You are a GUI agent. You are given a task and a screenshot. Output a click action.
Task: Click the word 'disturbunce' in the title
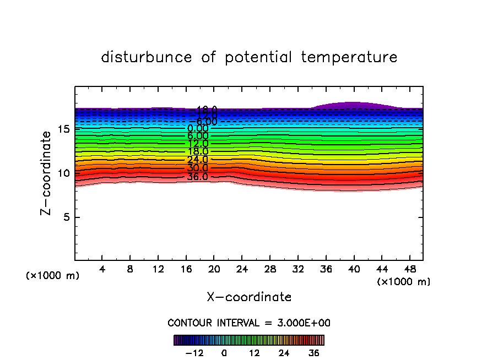pos(147,57)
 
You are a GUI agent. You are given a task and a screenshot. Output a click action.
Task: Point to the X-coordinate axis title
pos(249,297)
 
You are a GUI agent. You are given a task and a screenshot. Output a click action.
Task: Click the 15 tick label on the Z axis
pos(63,129)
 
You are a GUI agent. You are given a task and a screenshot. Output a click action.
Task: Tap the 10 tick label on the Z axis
pos(63,173)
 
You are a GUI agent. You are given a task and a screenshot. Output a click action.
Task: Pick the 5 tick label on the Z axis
pos(66,217)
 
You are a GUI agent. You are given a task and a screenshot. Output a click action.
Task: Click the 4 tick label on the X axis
pos(102,270)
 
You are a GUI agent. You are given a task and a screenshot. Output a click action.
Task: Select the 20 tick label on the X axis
pos(214,270)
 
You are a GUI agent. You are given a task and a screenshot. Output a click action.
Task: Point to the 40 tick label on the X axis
pos(353,270)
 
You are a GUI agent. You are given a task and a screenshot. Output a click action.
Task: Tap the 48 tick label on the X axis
pos(409,270)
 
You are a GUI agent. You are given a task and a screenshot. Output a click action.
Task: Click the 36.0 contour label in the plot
pos(197,177)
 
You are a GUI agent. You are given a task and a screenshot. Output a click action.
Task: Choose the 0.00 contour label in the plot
pos(197,129)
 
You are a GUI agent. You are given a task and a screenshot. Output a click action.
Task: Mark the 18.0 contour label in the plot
pos(197,151)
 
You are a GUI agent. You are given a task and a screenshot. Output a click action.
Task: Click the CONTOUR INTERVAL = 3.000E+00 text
pos(249,323)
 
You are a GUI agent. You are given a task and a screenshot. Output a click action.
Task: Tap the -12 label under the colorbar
pos(194,353)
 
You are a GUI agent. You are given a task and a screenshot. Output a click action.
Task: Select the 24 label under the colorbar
pos(284,353)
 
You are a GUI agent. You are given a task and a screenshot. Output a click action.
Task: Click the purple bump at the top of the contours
pos(353,105)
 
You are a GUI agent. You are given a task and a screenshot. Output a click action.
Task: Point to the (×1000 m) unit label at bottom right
pos(404,282)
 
